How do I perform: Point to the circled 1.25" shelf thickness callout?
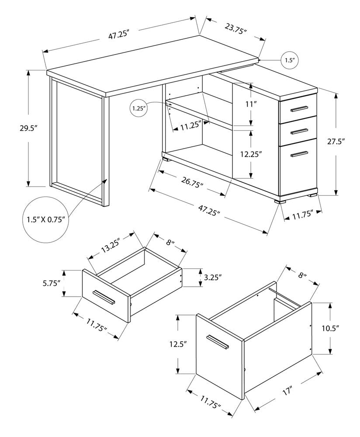(x=140, y=107)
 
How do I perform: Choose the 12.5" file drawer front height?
(x=178, y=344)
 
